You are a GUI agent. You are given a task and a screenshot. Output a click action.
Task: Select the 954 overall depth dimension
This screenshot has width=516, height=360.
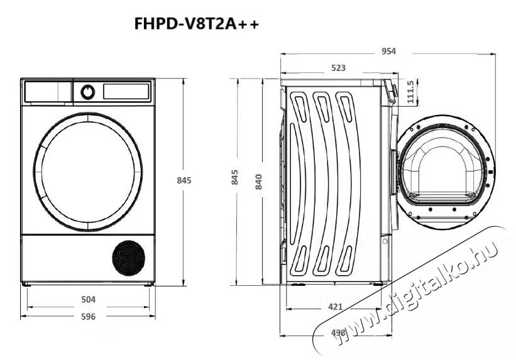(x=388, y=52)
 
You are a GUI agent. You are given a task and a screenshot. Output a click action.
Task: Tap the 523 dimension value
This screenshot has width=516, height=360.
(x=338, y=68)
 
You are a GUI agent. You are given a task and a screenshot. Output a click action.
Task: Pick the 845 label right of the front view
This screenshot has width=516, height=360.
(x=183, y=180)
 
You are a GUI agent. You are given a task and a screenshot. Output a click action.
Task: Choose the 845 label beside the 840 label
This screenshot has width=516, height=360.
(x=235, y=178)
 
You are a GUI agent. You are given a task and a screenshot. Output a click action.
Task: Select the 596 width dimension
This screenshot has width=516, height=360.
(x=89, y=317)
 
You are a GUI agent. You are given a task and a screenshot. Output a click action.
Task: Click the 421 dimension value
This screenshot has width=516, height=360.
(x=336, y=307)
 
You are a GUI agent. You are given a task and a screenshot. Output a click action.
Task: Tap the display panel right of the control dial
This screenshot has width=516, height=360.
(x=126, y=92)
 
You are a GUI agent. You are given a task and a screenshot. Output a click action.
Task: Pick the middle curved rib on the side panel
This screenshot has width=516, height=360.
(x=322, y=182)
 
